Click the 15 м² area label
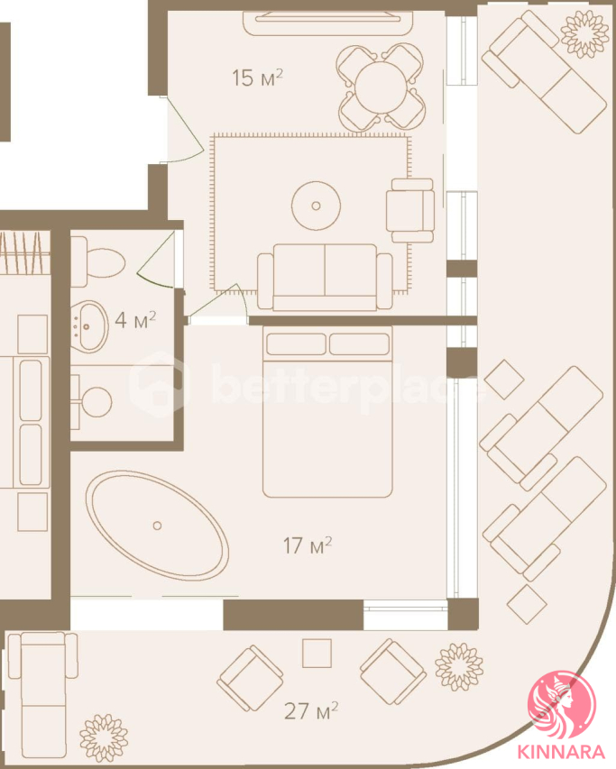click(257, 78)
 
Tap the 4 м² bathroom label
click(135, 320)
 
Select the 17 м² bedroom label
click(308, 545)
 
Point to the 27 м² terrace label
click(311, 710)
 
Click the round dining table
click(382, 87)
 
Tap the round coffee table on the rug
click(316, 206)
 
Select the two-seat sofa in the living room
click(325, 277)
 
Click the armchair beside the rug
click(410, 210)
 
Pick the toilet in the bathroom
click(98, 261)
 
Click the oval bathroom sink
click(91, 325)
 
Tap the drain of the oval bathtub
click(157, 526)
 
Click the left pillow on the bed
click(296, 343)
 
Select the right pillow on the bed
click(359, 343)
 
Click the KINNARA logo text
click(561, 753)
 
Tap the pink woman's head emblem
click(561, 705)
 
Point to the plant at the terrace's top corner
click(584, 34)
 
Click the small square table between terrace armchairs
click(317, 654)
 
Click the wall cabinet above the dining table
click(328, 23)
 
